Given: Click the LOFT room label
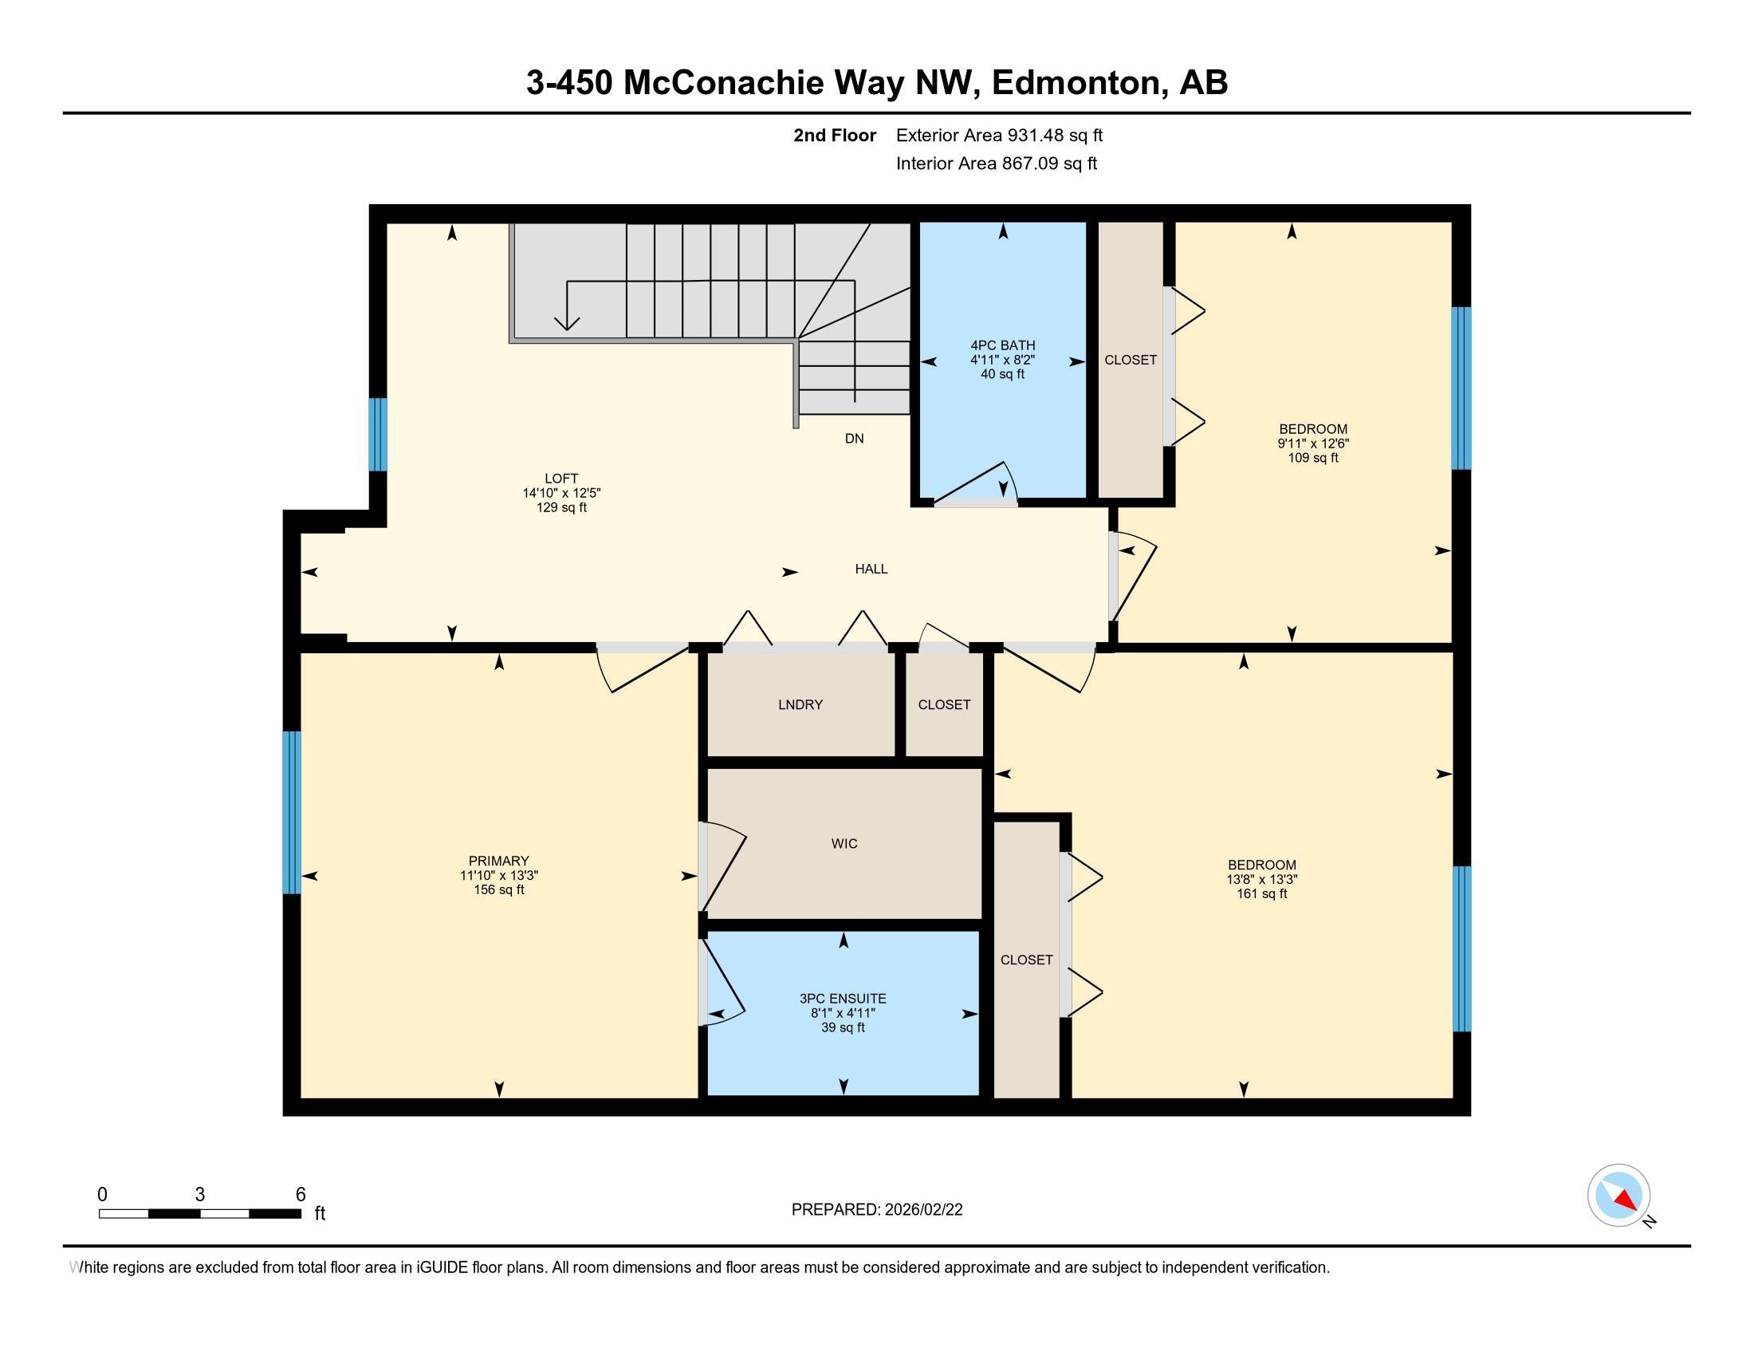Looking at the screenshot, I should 561,478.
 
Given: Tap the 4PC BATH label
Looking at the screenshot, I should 1002,345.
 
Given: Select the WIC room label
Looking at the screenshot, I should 844,843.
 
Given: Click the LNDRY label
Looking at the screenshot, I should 800,704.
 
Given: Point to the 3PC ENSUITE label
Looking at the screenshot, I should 843,999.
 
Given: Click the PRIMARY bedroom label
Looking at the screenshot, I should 499,861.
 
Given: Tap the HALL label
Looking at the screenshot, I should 871,569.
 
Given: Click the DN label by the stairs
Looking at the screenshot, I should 854,439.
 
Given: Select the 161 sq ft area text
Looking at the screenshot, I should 1262,893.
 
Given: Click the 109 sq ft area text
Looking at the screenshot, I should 1313,458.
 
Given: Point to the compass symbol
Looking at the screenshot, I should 1618,1196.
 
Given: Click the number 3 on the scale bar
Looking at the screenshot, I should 199,1195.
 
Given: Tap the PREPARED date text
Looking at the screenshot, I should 876,1210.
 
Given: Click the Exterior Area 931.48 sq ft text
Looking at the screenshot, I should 999,135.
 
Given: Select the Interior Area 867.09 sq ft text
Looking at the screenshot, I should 996,164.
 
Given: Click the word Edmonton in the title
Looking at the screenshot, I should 1079,83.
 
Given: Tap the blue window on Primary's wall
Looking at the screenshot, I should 291,812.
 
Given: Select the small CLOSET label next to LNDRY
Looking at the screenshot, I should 944,704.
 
